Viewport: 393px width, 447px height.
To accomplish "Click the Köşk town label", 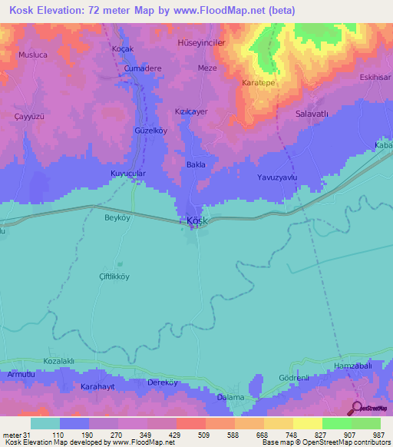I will [197, 221].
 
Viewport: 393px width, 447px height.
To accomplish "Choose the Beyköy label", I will [119, 217].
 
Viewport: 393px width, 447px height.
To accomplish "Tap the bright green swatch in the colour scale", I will [336, 423].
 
